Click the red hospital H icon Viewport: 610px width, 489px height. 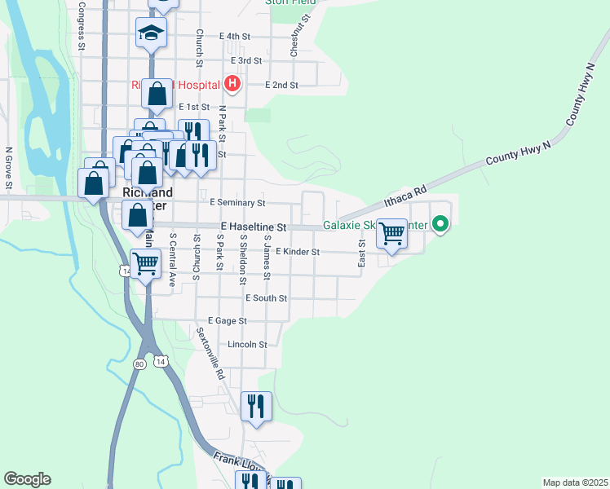click(x=232, y=83)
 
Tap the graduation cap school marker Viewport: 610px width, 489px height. click(x=151, y=33)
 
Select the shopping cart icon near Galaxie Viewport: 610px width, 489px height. click(x=392, y=234)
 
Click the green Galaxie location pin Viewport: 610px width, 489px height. click(x=440, y=222)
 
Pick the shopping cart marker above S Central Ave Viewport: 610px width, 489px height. click(x=146, y=263)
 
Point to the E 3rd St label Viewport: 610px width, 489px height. click(x=246, y=60)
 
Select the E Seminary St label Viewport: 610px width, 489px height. click(x=237, y=202)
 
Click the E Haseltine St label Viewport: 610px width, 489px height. click(x=254, y=227)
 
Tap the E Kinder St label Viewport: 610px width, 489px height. click(x=295, y=252)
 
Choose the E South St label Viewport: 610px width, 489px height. click(x=266, y=298)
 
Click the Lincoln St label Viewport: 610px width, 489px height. click(x=248, y=345)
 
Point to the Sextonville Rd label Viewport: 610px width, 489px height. click(x=210, y=355)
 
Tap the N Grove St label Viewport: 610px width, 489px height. click(x=9, y=167)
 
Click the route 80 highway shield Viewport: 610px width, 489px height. click(x=140, y=364)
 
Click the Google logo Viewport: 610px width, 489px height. click(x=27, y=479)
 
